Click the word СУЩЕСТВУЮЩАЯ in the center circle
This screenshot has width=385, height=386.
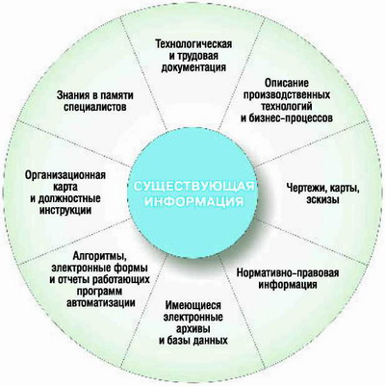[193, 187]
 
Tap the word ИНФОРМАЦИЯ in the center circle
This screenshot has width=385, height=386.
[193, 201]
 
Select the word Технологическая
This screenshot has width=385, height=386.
[193, 43]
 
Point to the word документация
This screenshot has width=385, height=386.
[193, 67]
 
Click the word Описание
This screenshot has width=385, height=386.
[287, 84]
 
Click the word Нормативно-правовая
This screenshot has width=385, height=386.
[288, 273]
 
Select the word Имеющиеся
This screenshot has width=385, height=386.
[193, 305]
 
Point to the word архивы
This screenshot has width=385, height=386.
[193, 329]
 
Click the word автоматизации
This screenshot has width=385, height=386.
[100, 303]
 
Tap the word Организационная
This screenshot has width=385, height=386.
[65, 175]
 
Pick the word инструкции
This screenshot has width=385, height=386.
[65, 210]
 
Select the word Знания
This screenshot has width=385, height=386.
[72, 95]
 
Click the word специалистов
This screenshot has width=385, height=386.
[94, 107]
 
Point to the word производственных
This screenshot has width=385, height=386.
[287, 95]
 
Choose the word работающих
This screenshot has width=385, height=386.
[122, 279]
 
